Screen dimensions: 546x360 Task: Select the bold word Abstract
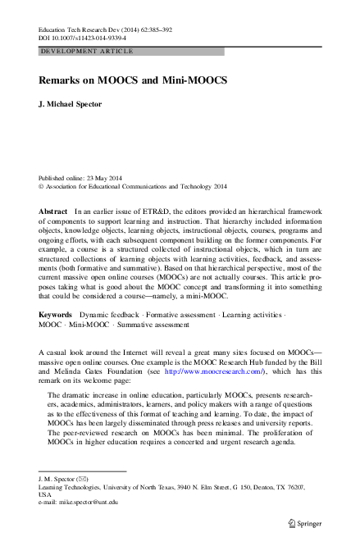click(x=53, y=211)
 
